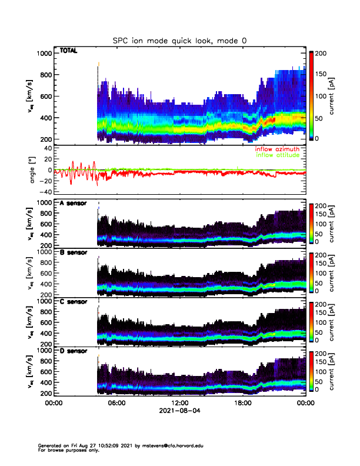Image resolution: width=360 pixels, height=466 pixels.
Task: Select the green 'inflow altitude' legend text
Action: point(278,155)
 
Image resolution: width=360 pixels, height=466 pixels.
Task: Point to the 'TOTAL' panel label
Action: point(68,52)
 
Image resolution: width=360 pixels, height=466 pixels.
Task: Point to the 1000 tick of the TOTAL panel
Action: point(45,54)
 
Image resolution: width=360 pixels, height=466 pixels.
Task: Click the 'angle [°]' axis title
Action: point(35,171)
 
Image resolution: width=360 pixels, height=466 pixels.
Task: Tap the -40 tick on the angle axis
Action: point(45,192)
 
